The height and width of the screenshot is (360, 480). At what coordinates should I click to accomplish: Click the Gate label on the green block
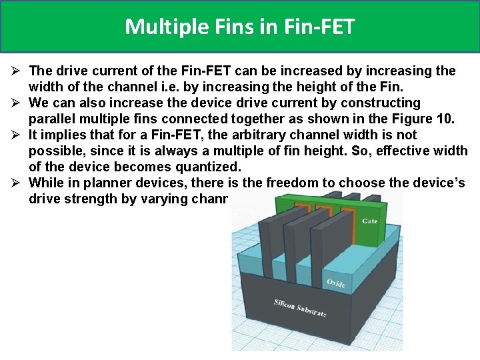(x=369, y=221)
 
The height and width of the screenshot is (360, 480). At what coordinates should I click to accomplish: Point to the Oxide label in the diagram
(x=336, y=283)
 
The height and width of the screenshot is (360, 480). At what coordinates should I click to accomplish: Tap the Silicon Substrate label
(x=300, y=308)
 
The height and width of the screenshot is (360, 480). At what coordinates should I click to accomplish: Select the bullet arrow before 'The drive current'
(x=16, y=71)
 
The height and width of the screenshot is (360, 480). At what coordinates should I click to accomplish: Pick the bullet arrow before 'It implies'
(x=16, y=135)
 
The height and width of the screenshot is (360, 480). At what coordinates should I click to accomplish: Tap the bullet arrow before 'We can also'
(x=16, y=103)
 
